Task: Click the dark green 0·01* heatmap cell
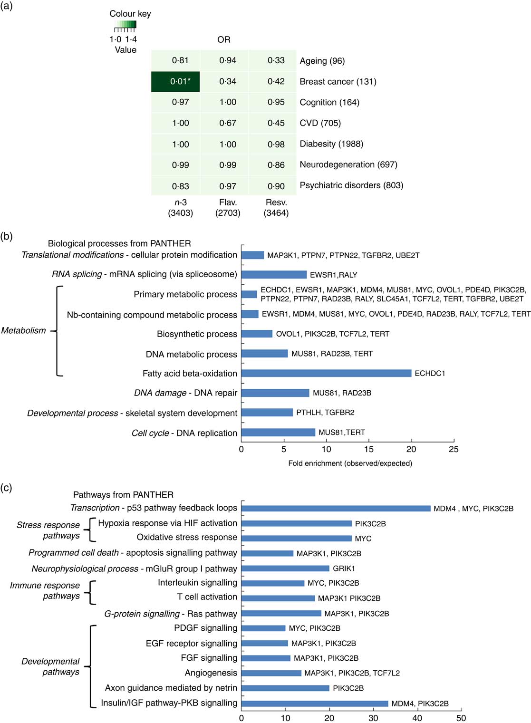point(175,81)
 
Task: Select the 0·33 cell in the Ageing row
point(276,60)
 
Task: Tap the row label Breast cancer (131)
point(338,81)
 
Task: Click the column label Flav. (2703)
point(228,208)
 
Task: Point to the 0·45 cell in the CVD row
point(276,123)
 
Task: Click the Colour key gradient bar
point(126,24)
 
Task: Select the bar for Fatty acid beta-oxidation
point(326,373)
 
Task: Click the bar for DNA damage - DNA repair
point(275,393)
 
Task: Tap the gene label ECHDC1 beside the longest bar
point(430,374)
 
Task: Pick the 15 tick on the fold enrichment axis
point(369,449)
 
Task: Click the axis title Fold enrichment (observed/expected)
point(350,463)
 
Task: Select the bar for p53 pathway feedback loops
point(336,508)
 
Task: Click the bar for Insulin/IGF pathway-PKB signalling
point(315,704)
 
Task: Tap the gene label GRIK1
point(344,569)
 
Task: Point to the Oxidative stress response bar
point(297,538)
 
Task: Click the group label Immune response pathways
point(45,590)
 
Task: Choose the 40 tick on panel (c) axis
point(417,718)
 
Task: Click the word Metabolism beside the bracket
point(24,330)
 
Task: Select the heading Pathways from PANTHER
point(123,495)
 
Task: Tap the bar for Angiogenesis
point(271,673)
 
